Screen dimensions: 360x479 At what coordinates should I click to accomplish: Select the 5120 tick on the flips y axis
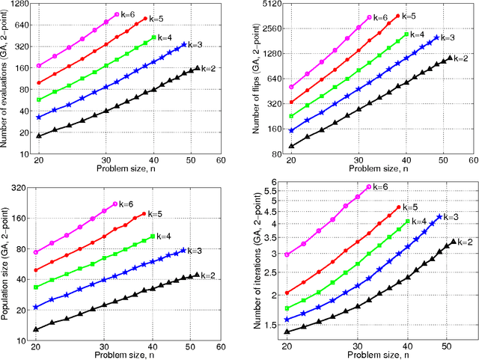click(270, 4)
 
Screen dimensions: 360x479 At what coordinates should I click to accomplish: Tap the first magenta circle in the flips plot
click(291, 87)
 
